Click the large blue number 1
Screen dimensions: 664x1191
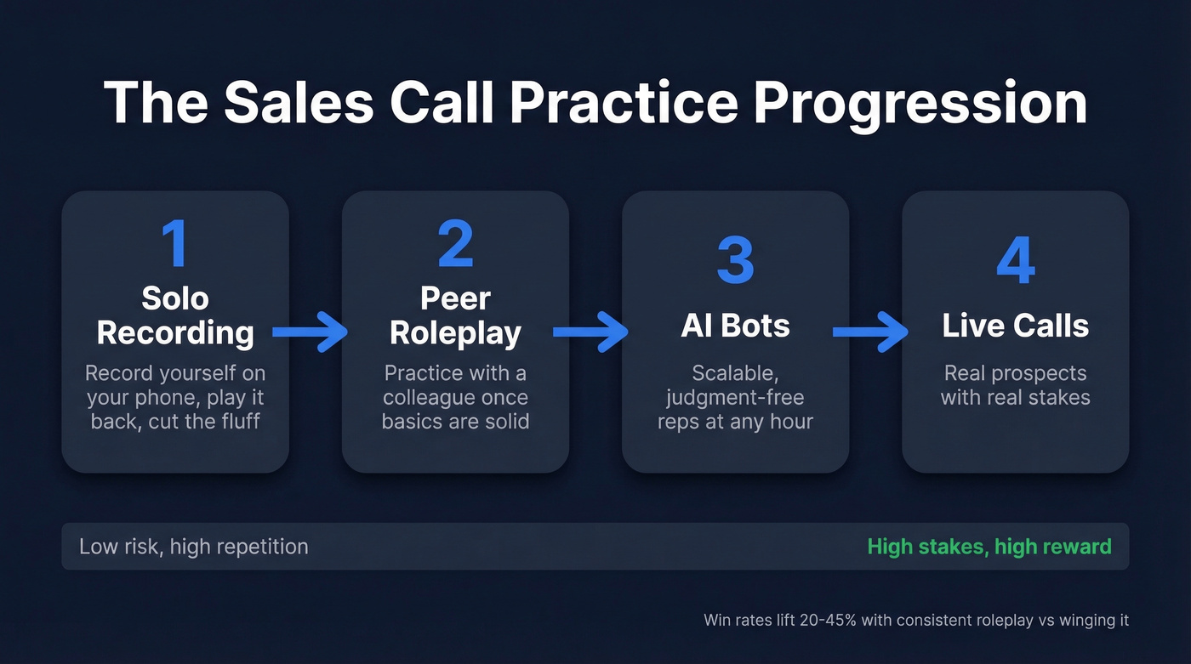click(x=174, y=244)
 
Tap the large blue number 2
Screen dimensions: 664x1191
click(x=455, y=244)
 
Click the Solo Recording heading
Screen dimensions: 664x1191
click(x=175, y=315)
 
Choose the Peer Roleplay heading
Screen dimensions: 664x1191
click(x=455, y=315)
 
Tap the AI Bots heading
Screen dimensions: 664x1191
click(x=735, y=326)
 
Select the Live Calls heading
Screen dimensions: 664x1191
click(x=1015, y=326)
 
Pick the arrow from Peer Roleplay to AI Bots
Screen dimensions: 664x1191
click(x=590, y=332)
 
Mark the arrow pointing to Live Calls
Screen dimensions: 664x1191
click(x=869, y=332)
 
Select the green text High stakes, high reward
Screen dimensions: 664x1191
click(x=989, y=546)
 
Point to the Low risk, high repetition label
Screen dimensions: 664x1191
click(x=194, y=546)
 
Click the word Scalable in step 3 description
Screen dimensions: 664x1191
click(x=735, y=373)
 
